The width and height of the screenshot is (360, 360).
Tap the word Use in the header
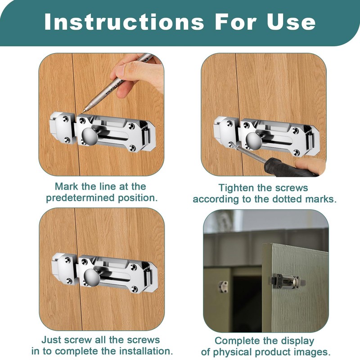tap(291, 22)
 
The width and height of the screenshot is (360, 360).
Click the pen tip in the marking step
tap(83, 112)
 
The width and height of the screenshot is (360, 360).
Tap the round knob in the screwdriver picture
tap(254, 140)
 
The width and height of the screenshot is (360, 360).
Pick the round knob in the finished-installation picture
tap(92, 277)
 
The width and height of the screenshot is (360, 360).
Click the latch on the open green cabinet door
tap(287, 282)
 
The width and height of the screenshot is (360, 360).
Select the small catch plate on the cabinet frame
tap(223, 287)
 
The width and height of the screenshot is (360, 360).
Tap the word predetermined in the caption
tap(80, 198)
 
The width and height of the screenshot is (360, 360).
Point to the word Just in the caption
tap(51, 340)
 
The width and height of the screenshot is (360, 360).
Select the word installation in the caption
tap(147, 351)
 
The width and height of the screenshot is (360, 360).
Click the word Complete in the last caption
tap(235, 341)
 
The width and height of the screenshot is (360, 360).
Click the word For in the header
tap(235, 22)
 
